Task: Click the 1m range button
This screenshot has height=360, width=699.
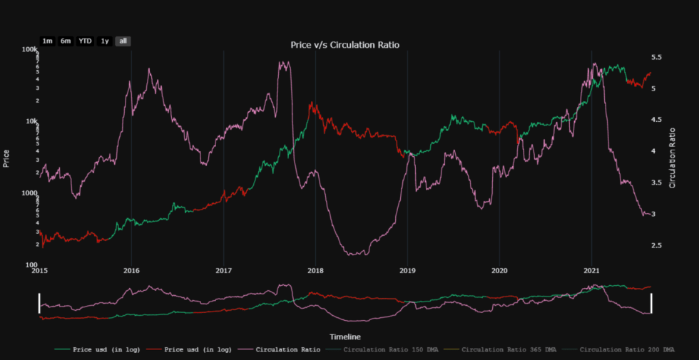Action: (x=47, y=41)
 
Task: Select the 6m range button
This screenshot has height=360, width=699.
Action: (x=66, y=41)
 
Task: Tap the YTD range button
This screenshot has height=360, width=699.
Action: (x=85, y=41)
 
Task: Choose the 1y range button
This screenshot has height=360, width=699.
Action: (x=105, y=41)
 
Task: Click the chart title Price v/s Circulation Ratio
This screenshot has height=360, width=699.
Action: (x=345, y=45)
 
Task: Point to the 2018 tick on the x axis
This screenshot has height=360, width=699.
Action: (x=315, y=271)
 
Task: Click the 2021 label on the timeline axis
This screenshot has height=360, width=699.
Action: (x=591, y=271)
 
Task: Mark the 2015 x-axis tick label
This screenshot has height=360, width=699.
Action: (x=39, y=271)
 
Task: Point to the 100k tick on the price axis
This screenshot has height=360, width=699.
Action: (x=29, y=50)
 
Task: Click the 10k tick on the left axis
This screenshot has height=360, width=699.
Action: (x=31, y=121)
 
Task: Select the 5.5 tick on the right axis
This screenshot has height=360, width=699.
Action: (x=657, y=57)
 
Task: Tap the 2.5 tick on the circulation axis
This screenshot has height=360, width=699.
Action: (x=657, y=246)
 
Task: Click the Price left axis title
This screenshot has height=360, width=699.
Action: (x=7, y=158)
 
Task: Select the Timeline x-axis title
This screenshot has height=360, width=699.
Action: (x=345, y=336)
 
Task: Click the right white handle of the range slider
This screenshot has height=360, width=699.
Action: (x=651, y=303)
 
